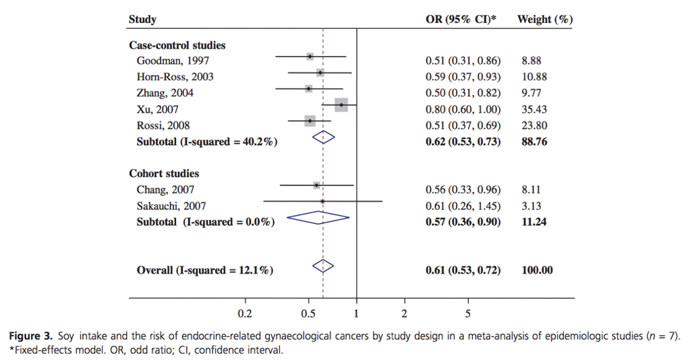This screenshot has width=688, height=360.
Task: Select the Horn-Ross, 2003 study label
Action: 175,77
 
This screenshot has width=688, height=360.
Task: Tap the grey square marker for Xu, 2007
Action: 341,104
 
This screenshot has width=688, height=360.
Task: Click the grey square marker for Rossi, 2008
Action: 310,121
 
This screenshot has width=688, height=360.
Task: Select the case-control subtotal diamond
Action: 324,137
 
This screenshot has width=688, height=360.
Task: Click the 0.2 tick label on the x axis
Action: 245,313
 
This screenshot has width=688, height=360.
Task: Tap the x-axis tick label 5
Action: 467,313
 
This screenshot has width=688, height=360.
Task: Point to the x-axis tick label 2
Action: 404,313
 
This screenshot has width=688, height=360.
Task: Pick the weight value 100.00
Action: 537,270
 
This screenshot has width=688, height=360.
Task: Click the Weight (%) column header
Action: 544,20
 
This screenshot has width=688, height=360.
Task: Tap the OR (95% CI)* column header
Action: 461,20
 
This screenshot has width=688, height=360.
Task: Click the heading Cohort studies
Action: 164,174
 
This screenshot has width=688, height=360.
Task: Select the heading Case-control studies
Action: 177,46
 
